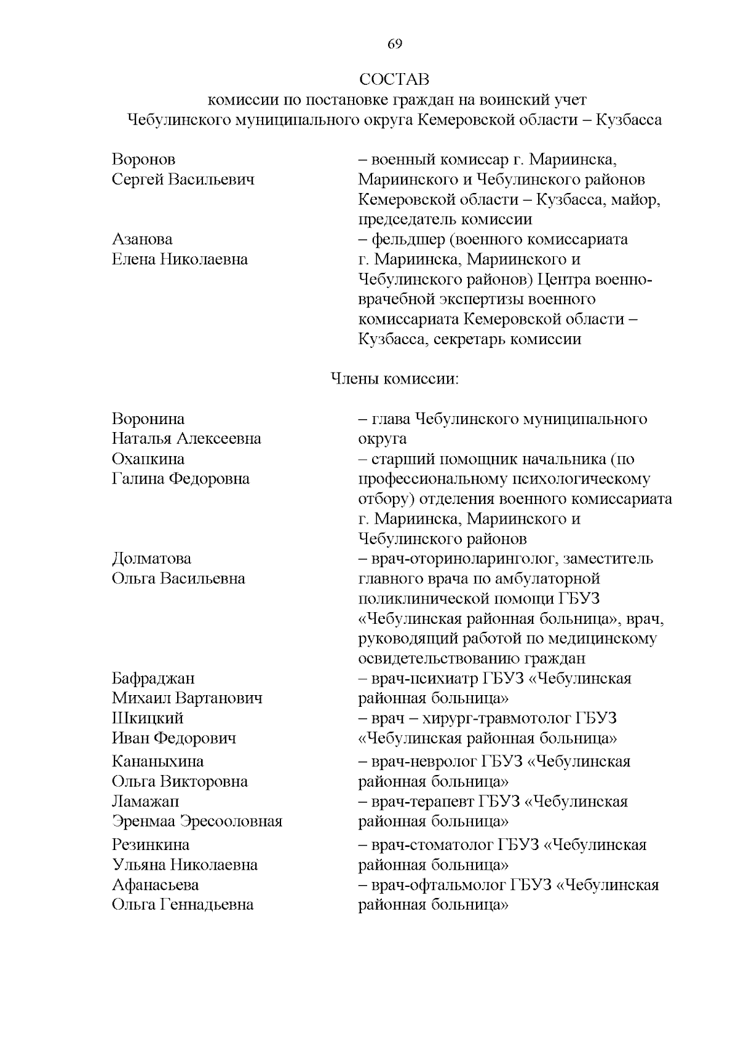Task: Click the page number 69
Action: (395, 44)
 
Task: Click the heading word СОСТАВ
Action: (394, 79)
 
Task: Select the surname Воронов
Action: (143, 160)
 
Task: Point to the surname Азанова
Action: (142, 240)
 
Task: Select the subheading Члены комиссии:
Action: (395, 379)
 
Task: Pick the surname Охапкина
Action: (148, 459)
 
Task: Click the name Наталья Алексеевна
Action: (186, 439)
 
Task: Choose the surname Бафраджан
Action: (153, 679)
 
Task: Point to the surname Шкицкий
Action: (148, 718)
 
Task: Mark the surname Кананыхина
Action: (157, 762)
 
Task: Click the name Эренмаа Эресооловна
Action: (197, 822)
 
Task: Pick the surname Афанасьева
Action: (155, 885)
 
